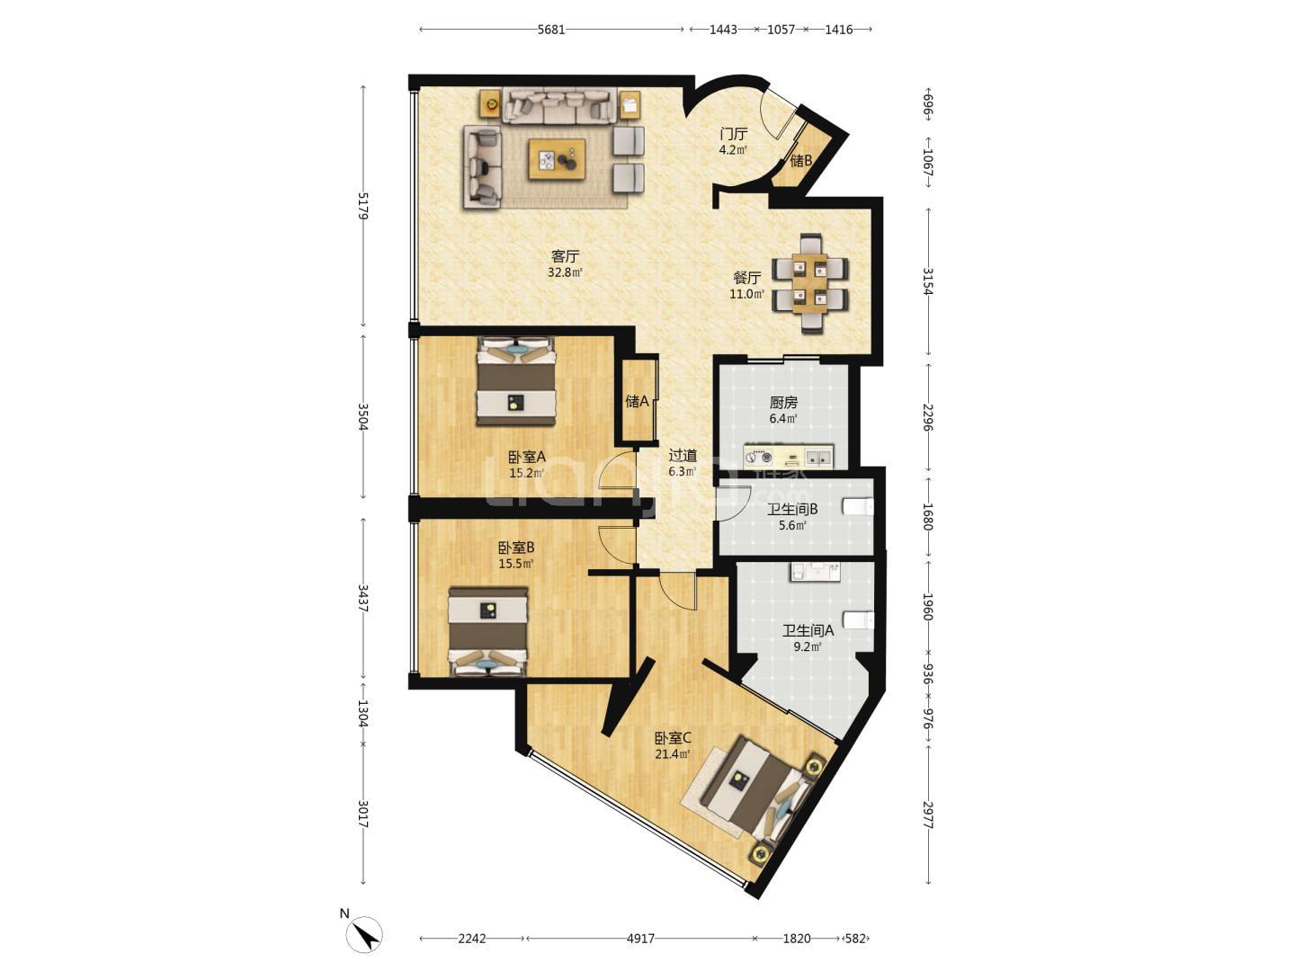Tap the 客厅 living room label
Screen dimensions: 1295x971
click(565, 256)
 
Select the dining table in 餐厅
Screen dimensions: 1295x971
click(809, 283)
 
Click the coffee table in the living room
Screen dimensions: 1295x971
click(557, 159)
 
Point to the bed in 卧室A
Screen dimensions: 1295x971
click(516, 381)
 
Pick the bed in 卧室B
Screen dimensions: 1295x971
click(487, 632)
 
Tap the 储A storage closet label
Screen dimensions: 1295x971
click(637, 402)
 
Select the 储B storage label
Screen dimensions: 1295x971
click(800, 160)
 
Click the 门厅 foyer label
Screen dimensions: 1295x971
click(733, 134)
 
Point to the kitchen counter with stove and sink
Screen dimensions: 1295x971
click(788, 457)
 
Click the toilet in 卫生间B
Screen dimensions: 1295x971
click(858, 506)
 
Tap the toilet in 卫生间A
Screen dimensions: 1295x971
click(858, 620)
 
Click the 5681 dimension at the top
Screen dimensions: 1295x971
click(551, 30)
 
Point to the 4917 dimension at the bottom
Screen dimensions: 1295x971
click(640, 938)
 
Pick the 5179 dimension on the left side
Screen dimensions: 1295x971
click(362, 206)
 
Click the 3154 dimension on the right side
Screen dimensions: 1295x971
click(928, 281)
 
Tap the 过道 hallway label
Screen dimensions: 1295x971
click(683, 455)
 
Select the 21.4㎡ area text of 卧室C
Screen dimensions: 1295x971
click(673, 754)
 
